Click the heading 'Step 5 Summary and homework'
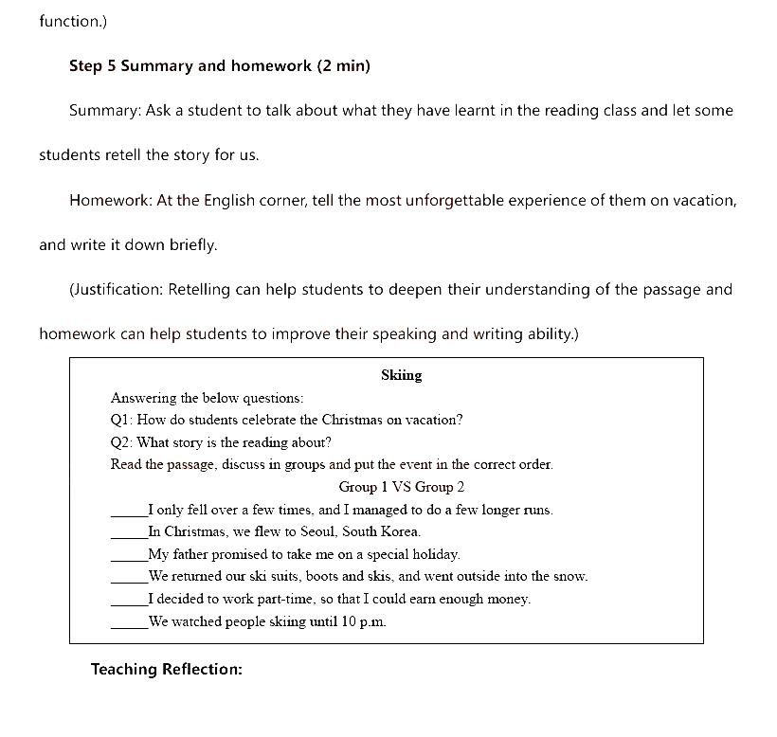(190, 65)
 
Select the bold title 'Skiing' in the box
(401, 375)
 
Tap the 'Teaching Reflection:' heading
(167, 669)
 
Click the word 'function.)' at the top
(74, 20)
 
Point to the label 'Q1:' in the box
(122, 420)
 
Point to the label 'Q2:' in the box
(122, 442)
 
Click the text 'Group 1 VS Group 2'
(402, 487)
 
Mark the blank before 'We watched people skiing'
(129, 624)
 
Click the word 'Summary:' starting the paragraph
(105, 110)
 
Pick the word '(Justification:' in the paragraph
(117, 289)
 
